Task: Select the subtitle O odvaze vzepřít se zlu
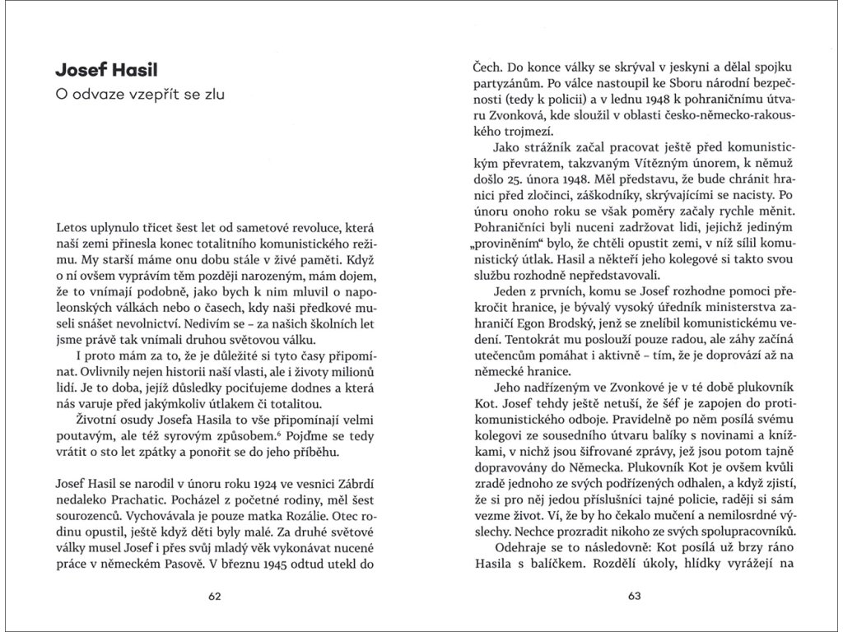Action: (x=139, y=95)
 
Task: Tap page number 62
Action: (x=215, y=597)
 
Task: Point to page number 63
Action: (x=634, y=597)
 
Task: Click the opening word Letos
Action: (x=72, y=225)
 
